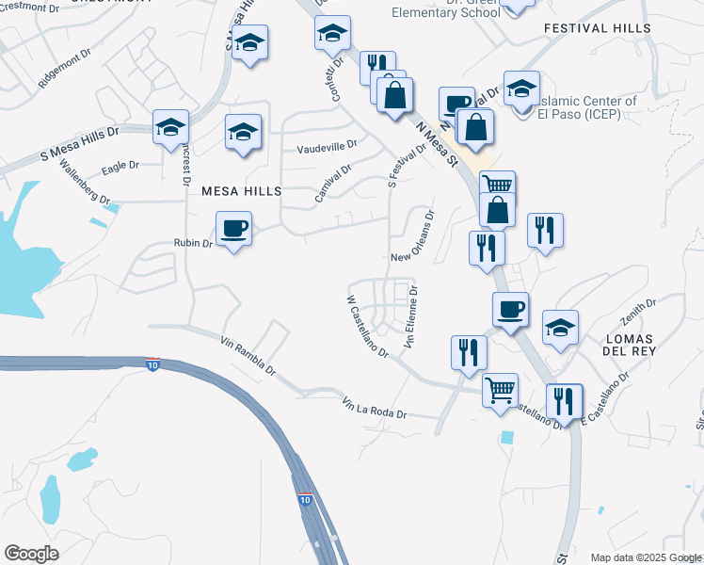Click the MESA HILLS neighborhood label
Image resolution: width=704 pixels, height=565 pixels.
pyautogui.click(x=241, y=191)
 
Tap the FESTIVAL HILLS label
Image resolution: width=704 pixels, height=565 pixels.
pyautogui.click(x=597, y=29)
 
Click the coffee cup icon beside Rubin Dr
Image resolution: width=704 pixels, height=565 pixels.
pyautogui.click(x=233, y=228)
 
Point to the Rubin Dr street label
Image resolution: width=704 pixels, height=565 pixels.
pyautogui.click(x=195, y=244)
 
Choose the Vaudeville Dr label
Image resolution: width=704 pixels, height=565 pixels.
pyautogui.click(x=327, y=147)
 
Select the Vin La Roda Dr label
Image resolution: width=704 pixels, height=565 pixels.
pyautogui.click(x=375, y=409)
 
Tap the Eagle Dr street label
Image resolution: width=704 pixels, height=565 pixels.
pyautogui.click(x=120, y=165)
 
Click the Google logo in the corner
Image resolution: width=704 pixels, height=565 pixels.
pyautogui.click(x=31, y=554)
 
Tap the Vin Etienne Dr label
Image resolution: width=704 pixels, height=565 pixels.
pyautogui.click(x=411, y=320)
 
